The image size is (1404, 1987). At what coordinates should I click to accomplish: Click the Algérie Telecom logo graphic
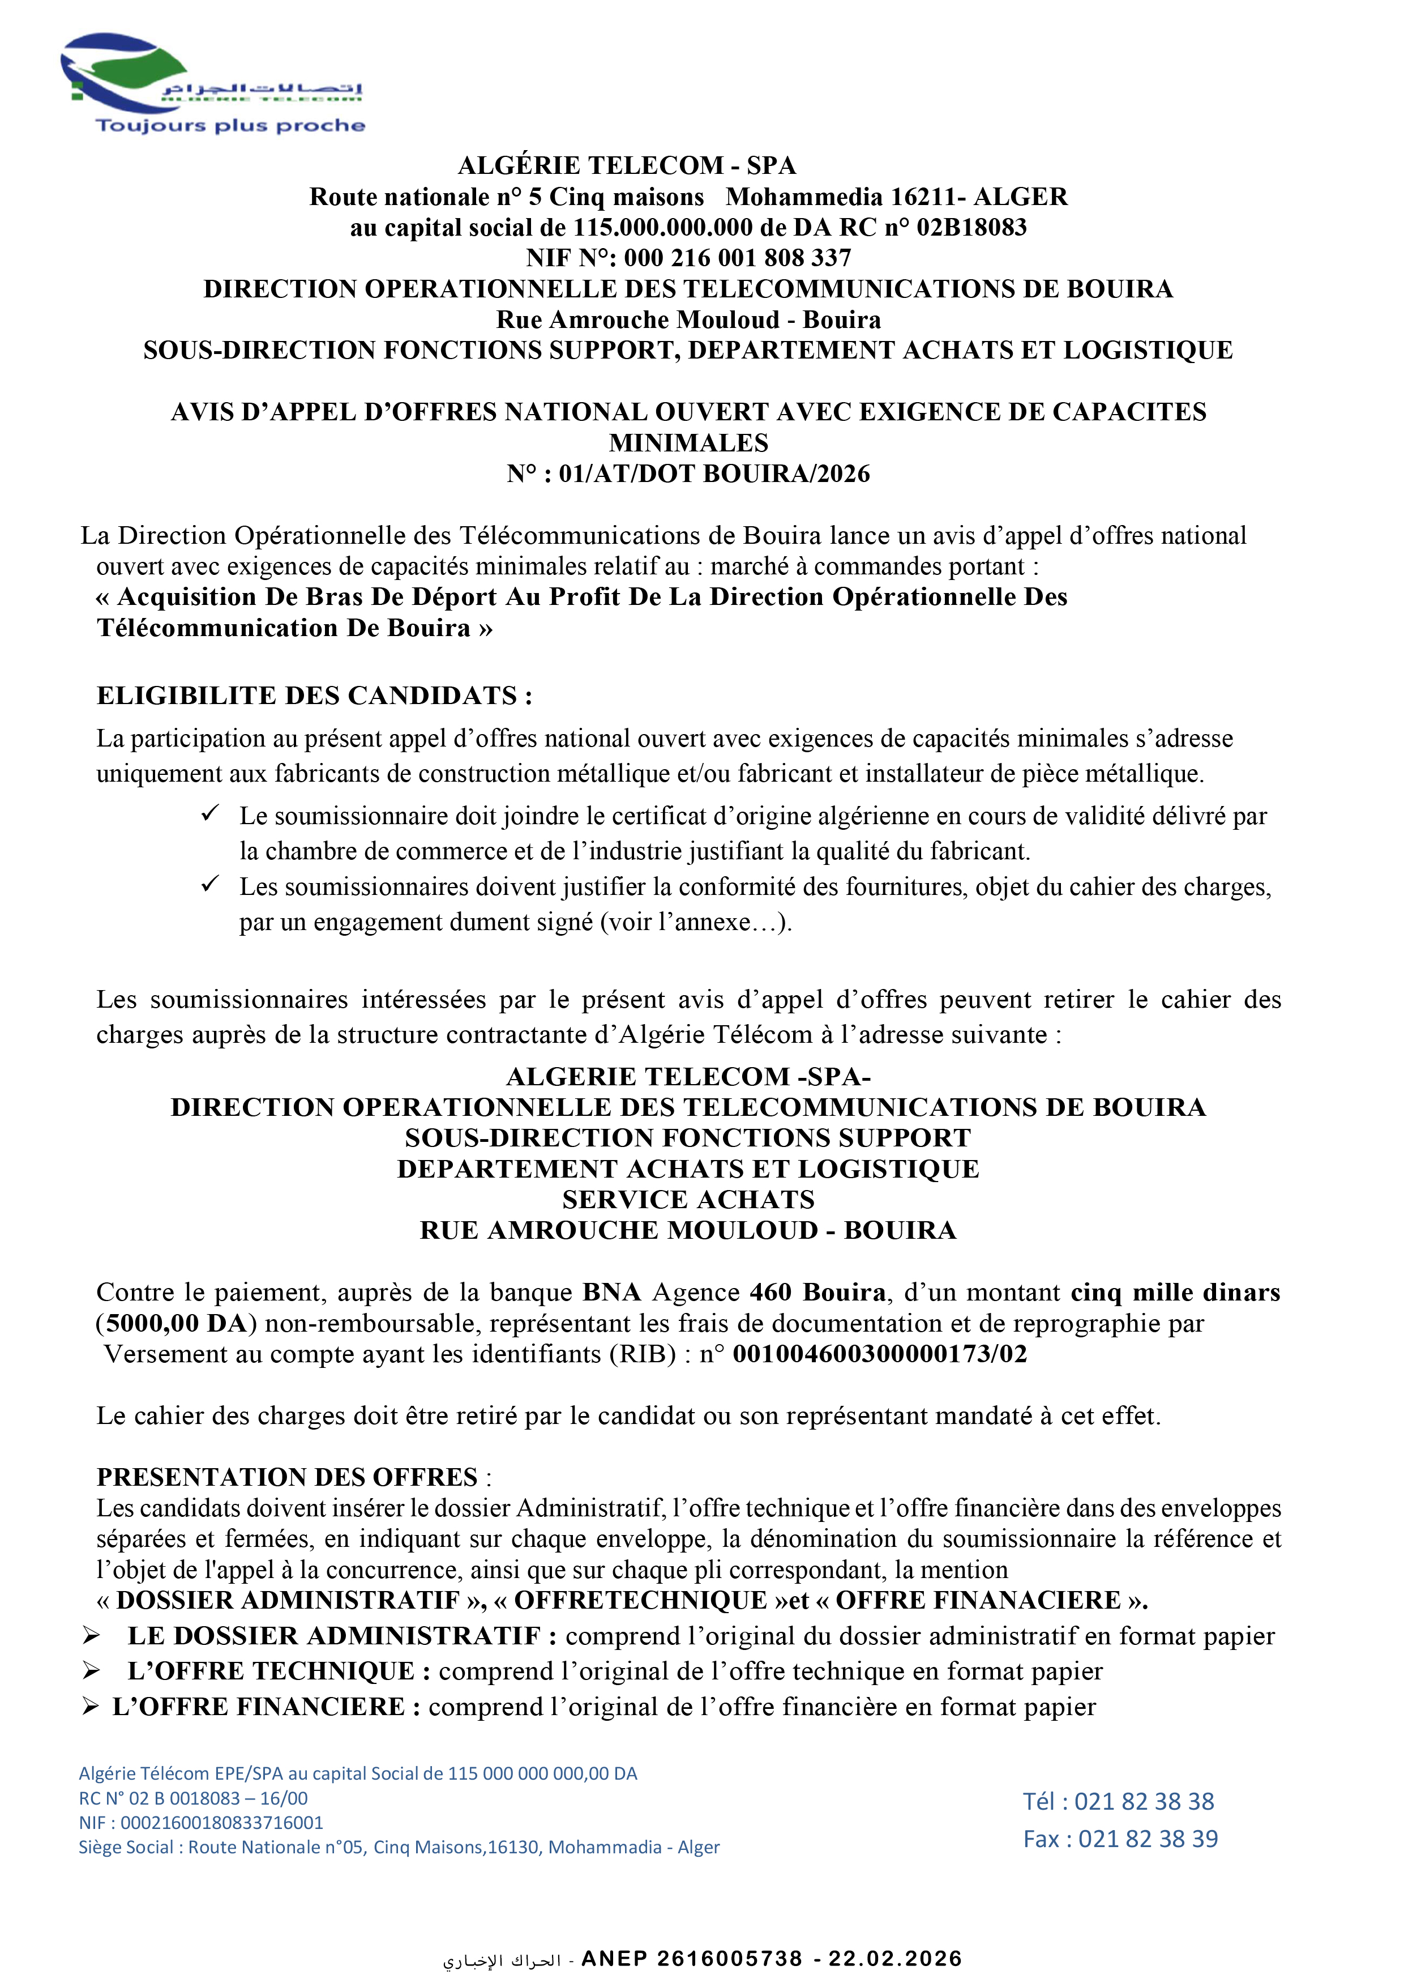click(130, 74)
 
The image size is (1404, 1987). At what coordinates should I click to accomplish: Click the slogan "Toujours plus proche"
click(230, 126)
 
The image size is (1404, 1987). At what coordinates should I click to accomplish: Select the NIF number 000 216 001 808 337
click(737, 258)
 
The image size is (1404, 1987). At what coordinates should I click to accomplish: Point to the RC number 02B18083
click(971, 228)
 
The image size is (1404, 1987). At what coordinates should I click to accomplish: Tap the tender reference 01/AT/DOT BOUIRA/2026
click(714, 474)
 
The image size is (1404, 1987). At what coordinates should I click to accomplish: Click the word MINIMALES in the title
click(688, 443)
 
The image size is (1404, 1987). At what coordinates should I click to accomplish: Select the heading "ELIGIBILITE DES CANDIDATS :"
click(314, 696)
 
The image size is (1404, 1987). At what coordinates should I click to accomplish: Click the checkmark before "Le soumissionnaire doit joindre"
click(210, 813)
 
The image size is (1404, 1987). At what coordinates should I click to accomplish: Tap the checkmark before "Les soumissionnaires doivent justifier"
click(210, 884)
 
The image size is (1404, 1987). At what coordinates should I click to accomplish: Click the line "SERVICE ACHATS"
click(688, 1200)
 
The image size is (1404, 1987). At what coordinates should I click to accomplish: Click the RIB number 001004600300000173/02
click(880, 1354)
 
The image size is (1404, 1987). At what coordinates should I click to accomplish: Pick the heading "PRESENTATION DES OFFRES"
click(287, 1477)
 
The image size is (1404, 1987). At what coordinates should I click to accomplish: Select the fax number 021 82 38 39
click(1148, 1839)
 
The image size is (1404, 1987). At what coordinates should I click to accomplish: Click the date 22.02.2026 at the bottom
click(896, 1959)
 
